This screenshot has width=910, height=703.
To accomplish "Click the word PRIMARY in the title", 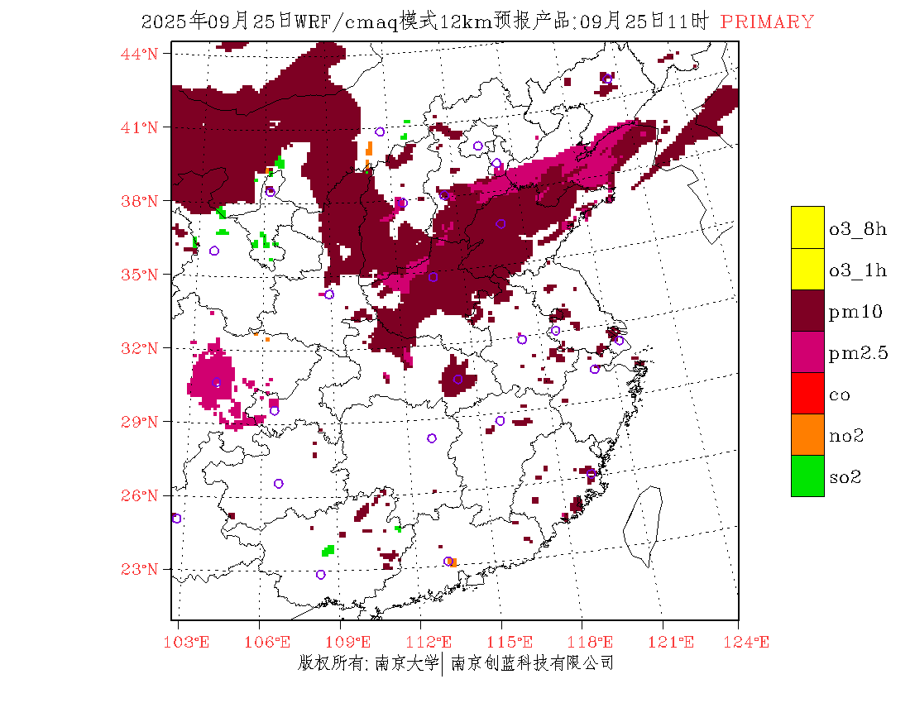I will (767, 22).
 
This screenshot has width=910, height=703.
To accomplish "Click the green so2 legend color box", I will (807, 476).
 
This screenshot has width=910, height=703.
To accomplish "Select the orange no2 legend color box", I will (807, 434).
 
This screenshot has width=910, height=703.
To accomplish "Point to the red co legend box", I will (807, 393).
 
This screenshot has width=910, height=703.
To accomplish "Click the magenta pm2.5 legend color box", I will (807, 351).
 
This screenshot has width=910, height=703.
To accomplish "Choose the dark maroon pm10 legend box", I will (807, 310).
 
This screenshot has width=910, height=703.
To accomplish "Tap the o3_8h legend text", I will (858, 229).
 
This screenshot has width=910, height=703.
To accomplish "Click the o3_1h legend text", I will (858, 270).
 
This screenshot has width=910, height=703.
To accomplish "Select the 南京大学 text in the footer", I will (406, 662).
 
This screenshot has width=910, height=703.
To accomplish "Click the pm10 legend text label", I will (855, 312).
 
